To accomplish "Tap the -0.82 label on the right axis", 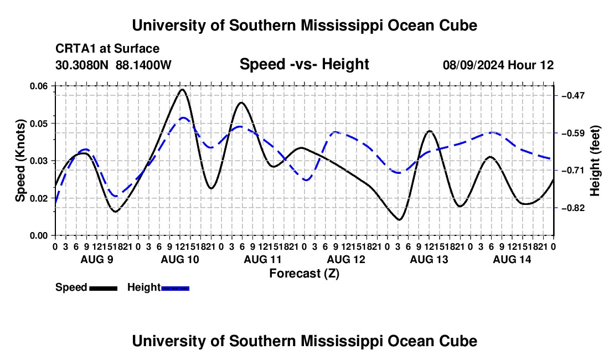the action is [573, 208].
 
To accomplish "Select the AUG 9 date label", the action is [97, 259].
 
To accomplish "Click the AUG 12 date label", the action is [346, 259].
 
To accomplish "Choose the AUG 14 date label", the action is [512, 259].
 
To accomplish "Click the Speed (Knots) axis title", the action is [20, 161].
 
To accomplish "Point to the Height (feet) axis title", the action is [595, 161].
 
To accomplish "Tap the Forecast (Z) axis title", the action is [304, 274].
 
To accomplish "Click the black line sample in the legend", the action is [104, 288].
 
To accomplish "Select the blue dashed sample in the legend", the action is [175, 288].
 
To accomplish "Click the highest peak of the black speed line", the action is [182, 89].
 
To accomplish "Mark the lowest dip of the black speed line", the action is [399, 220].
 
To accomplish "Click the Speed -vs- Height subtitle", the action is [304, 64].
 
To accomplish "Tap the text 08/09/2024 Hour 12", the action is [498, 65].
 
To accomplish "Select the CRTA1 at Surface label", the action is [107, 49].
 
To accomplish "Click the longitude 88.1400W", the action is [143, 65].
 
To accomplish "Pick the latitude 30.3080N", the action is [81, 65].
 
